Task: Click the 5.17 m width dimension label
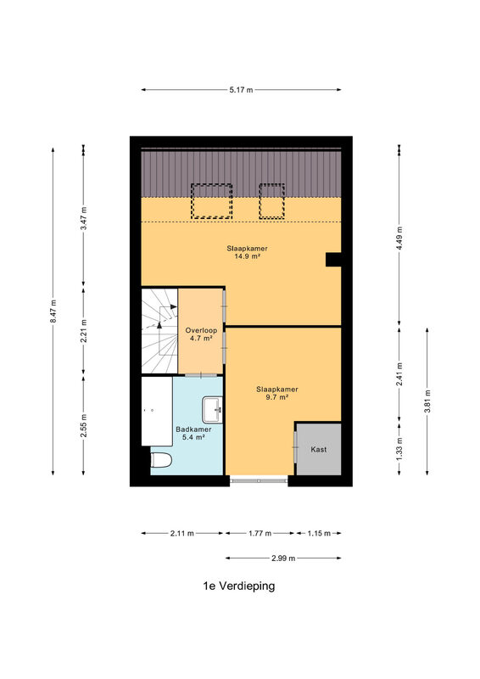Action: [241, 90]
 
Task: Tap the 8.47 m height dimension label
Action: [53, 311]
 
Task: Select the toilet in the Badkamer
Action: [161, 460]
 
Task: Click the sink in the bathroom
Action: [213, 409]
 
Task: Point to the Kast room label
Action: [319, 450]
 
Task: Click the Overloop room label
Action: [201, 330]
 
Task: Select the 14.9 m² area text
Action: [247, 256]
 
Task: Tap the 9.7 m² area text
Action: [277, 397]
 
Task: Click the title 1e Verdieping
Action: [239, 586]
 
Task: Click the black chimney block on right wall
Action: [333, 260]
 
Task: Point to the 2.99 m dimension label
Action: [283, 558]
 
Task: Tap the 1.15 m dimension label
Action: [319, 534]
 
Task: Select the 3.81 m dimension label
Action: [427, 401]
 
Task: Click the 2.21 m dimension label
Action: [84, 331]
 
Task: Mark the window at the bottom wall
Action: [259, 480]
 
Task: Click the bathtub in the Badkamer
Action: [157, 411]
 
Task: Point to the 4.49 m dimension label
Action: [399, 238]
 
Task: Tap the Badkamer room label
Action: [193, 429]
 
